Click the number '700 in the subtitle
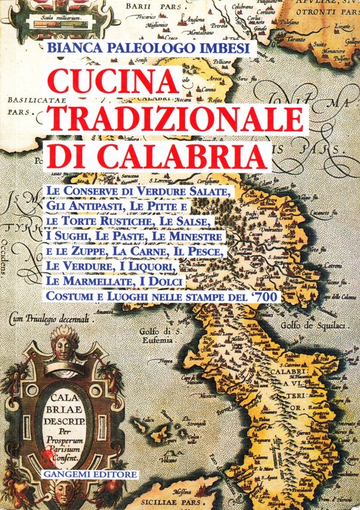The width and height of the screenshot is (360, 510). tap(270, 295)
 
